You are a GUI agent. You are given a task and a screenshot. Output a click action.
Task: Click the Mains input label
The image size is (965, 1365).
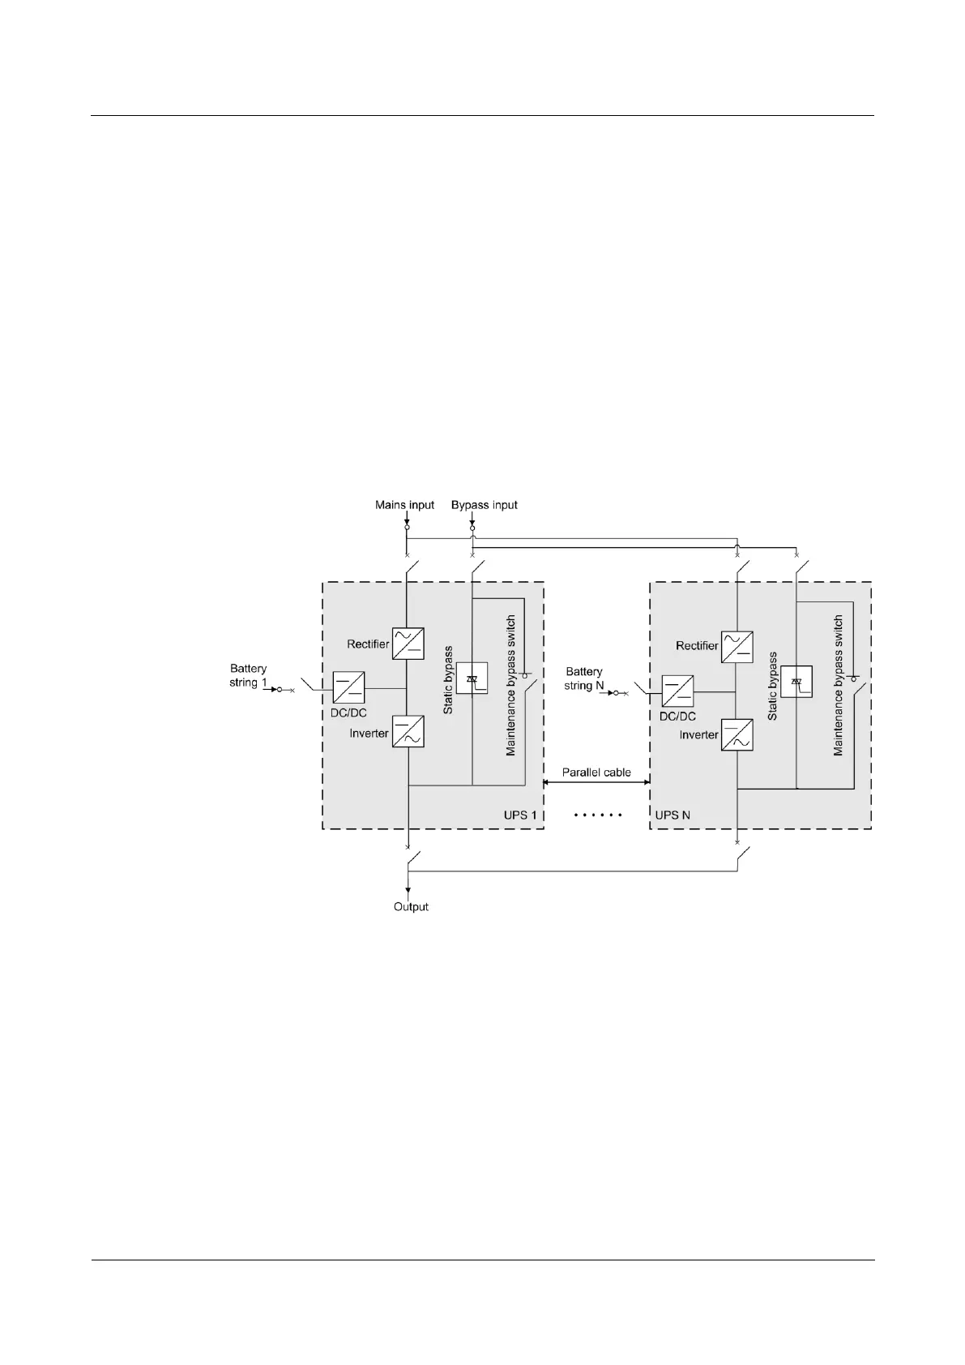point(404,505)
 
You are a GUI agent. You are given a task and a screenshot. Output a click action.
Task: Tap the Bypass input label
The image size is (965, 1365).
point(484,505)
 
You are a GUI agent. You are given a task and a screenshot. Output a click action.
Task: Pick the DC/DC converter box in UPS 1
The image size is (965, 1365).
point(348,688)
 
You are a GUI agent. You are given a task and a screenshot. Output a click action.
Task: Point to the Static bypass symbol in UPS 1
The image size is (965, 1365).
point(472,678)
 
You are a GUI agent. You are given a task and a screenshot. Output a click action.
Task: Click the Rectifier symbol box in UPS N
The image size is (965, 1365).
point(737,646)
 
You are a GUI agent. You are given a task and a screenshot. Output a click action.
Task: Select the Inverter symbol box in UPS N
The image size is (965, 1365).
point(737,734)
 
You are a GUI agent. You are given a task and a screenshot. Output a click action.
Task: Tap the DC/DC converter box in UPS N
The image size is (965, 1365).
point(677,691)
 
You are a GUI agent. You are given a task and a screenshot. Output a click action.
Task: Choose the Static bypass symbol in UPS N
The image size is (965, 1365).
point(796,682)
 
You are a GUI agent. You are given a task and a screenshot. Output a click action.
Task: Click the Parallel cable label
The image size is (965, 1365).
point(596,772)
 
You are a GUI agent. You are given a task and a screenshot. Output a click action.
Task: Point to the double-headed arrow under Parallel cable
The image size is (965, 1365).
point(596,782)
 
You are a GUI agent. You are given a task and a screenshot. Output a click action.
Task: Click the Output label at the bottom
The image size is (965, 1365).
point(411,906)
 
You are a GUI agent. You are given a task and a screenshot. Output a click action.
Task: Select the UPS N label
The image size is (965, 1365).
point(673,815)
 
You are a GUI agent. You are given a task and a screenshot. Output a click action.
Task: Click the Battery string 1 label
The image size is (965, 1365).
point(248,675)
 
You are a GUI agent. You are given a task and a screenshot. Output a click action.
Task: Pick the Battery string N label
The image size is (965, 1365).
point(583,678)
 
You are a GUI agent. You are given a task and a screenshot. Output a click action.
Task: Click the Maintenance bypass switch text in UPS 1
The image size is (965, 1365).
point(511,686)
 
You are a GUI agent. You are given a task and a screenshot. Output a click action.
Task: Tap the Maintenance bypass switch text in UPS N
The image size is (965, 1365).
point(839,686)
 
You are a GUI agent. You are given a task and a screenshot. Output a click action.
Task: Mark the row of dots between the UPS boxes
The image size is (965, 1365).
point(597,815)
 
